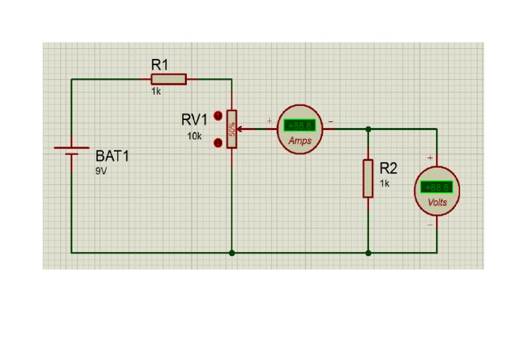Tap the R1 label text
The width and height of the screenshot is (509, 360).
point(160,65)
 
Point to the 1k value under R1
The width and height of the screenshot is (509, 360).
point(156,91)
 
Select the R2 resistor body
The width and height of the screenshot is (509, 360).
point(368,178)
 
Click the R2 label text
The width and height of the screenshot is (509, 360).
point(388,168)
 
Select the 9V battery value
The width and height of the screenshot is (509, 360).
point(101,170)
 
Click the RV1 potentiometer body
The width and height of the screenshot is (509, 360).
point(231,129)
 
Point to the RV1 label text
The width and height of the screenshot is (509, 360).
point(194,120)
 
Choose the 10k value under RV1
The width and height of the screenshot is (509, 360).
point(194,136)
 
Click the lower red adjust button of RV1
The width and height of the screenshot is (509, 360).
point(217,142)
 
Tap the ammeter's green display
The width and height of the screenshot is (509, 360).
point(300,125)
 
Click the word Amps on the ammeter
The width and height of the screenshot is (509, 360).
point(300,141)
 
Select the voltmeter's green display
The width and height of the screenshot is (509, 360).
point(437,187)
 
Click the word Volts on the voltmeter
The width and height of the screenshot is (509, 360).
point(437,202)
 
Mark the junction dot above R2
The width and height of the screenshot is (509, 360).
point(368,129)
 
